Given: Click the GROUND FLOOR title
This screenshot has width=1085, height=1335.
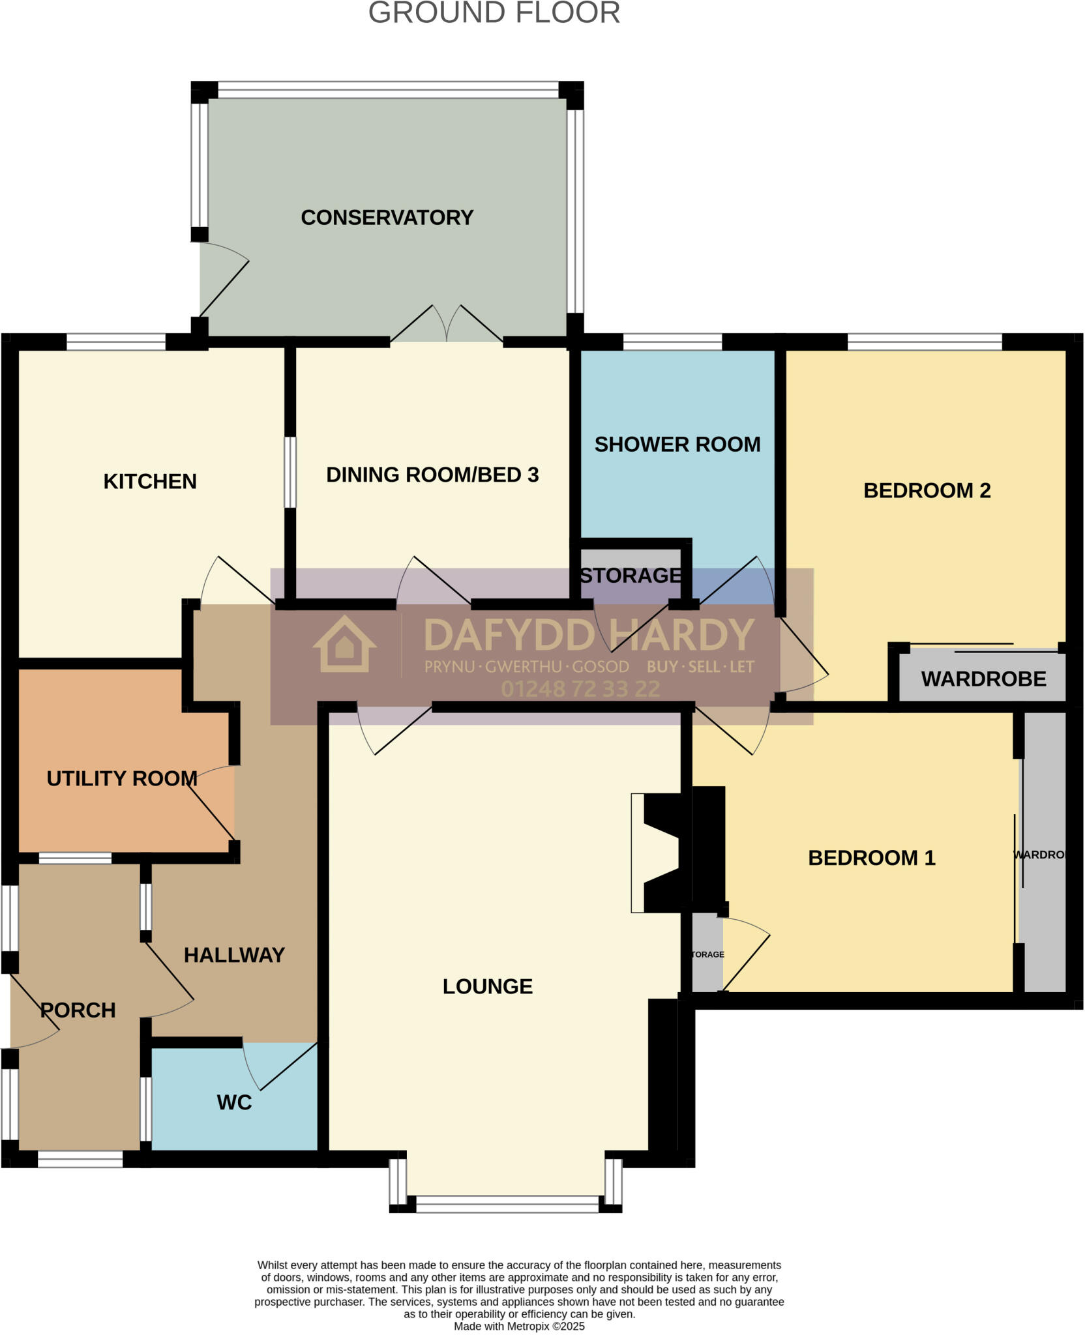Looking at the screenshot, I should click(494, 13).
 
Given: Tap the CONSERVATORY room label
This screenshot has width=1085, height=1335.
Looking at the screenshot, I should click(387, 217).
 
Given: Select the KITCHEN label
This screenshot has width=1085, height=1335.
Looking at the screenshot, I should click(150, 481).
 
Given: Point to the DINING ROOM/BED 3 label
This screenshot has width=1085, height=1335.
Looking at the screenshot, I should click(432, 475).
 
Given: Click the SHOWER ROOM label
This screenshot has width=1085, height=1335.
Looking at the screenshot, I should click(677, 445).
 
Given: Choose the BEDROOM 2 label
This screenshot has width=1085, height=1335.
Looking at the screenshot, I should click(927, 490).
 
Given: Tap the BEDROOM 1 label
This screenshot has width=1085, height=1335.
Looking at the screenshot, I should click(871, 858).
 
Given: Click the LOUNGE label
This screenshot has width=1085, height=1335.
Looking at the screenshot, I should click(487, 987).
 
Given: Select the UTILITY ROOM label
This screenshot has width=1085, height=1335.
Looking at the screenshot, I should click(122, 778).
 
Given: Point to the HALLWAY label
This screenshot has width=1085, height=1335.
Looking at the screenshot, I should click(234, 955).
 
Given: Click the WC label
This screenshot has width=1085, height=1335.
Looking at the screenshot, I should click(234, 1102).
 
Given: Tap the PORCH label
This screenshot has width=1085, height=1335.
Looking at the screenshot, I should click(78, 1010).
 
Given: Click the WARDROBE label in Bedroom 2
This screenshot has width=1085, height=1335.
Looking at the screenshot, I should click(983, 679).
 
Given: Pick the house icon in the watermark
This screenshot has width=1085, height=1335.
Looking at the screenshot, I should click(344, 645).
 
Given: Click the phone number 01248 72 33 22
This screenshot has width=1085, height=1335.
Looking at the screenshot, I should click(580, 689).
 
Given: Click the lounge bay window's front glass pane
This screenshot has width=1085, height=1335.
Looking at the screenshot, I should click(507, 1204).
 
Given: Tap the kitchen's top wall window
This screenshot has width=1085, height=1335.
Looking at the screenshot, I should click(116, 342).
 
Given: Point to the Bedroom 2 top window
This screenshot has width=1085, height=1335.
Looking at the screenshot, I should click(924, 342).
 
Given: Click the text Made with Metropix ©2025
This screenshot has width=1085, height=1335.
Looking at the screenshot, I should click(519, 1327).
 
